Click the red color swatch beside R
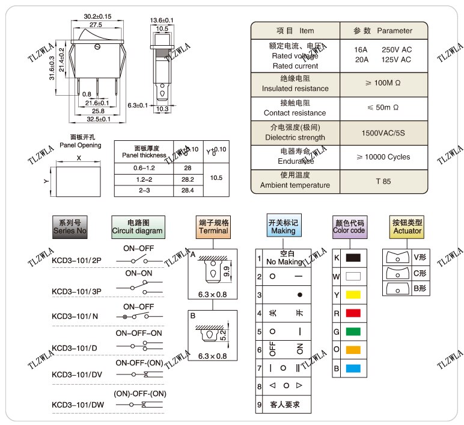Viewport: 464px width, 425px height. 353,313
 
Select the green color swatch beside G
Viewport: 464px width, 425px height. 353,331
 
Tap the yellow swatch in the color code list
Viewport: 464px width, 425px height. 353,294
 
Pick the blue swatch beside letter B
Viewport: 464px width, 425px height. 353,368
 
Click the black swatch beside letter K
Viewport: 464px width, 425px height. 353,258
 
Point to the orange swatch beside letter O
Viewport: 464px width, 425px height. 353,350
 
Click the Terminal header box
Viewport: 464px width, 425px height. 213,226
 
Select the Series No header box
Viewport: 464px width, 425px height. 70,226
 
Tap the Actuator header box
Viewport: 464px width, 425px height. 407,226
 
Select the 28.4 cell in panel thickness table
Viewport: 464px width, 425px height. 188,190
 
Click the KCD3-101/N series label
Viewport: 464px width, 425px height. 75,316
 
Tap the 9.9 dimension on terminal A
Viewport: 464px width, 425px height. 226,272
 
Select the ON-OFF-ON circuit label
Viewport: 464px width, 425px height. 139,333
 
